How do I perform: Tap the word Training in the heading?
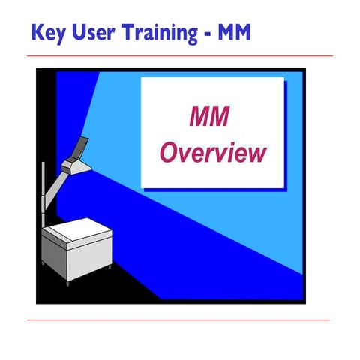pos(160,34)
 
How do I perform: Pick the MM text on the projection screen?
pos(209,118)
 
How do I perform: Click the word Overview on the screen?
pos(214,152)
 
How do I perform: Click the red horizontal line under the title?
pos(180,56)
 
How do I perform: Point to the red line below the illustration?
pos(180,319)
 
